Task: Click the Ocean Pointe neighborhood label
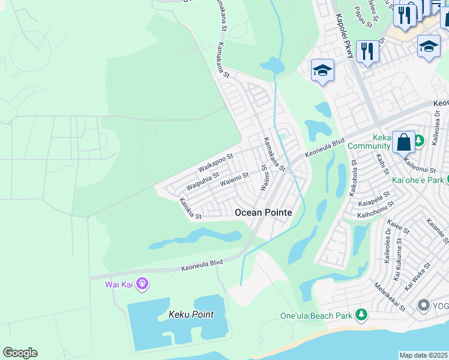[x=264, y=212]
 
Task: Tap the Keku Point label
[x=191, y=314]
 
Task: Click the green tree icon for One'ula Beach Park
[x=361, y=315]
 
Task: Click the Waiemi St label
[x=234, y=178]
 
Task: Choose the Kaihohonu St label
[x=375, y=209]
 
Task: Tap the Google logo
[x=20, y=353]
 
